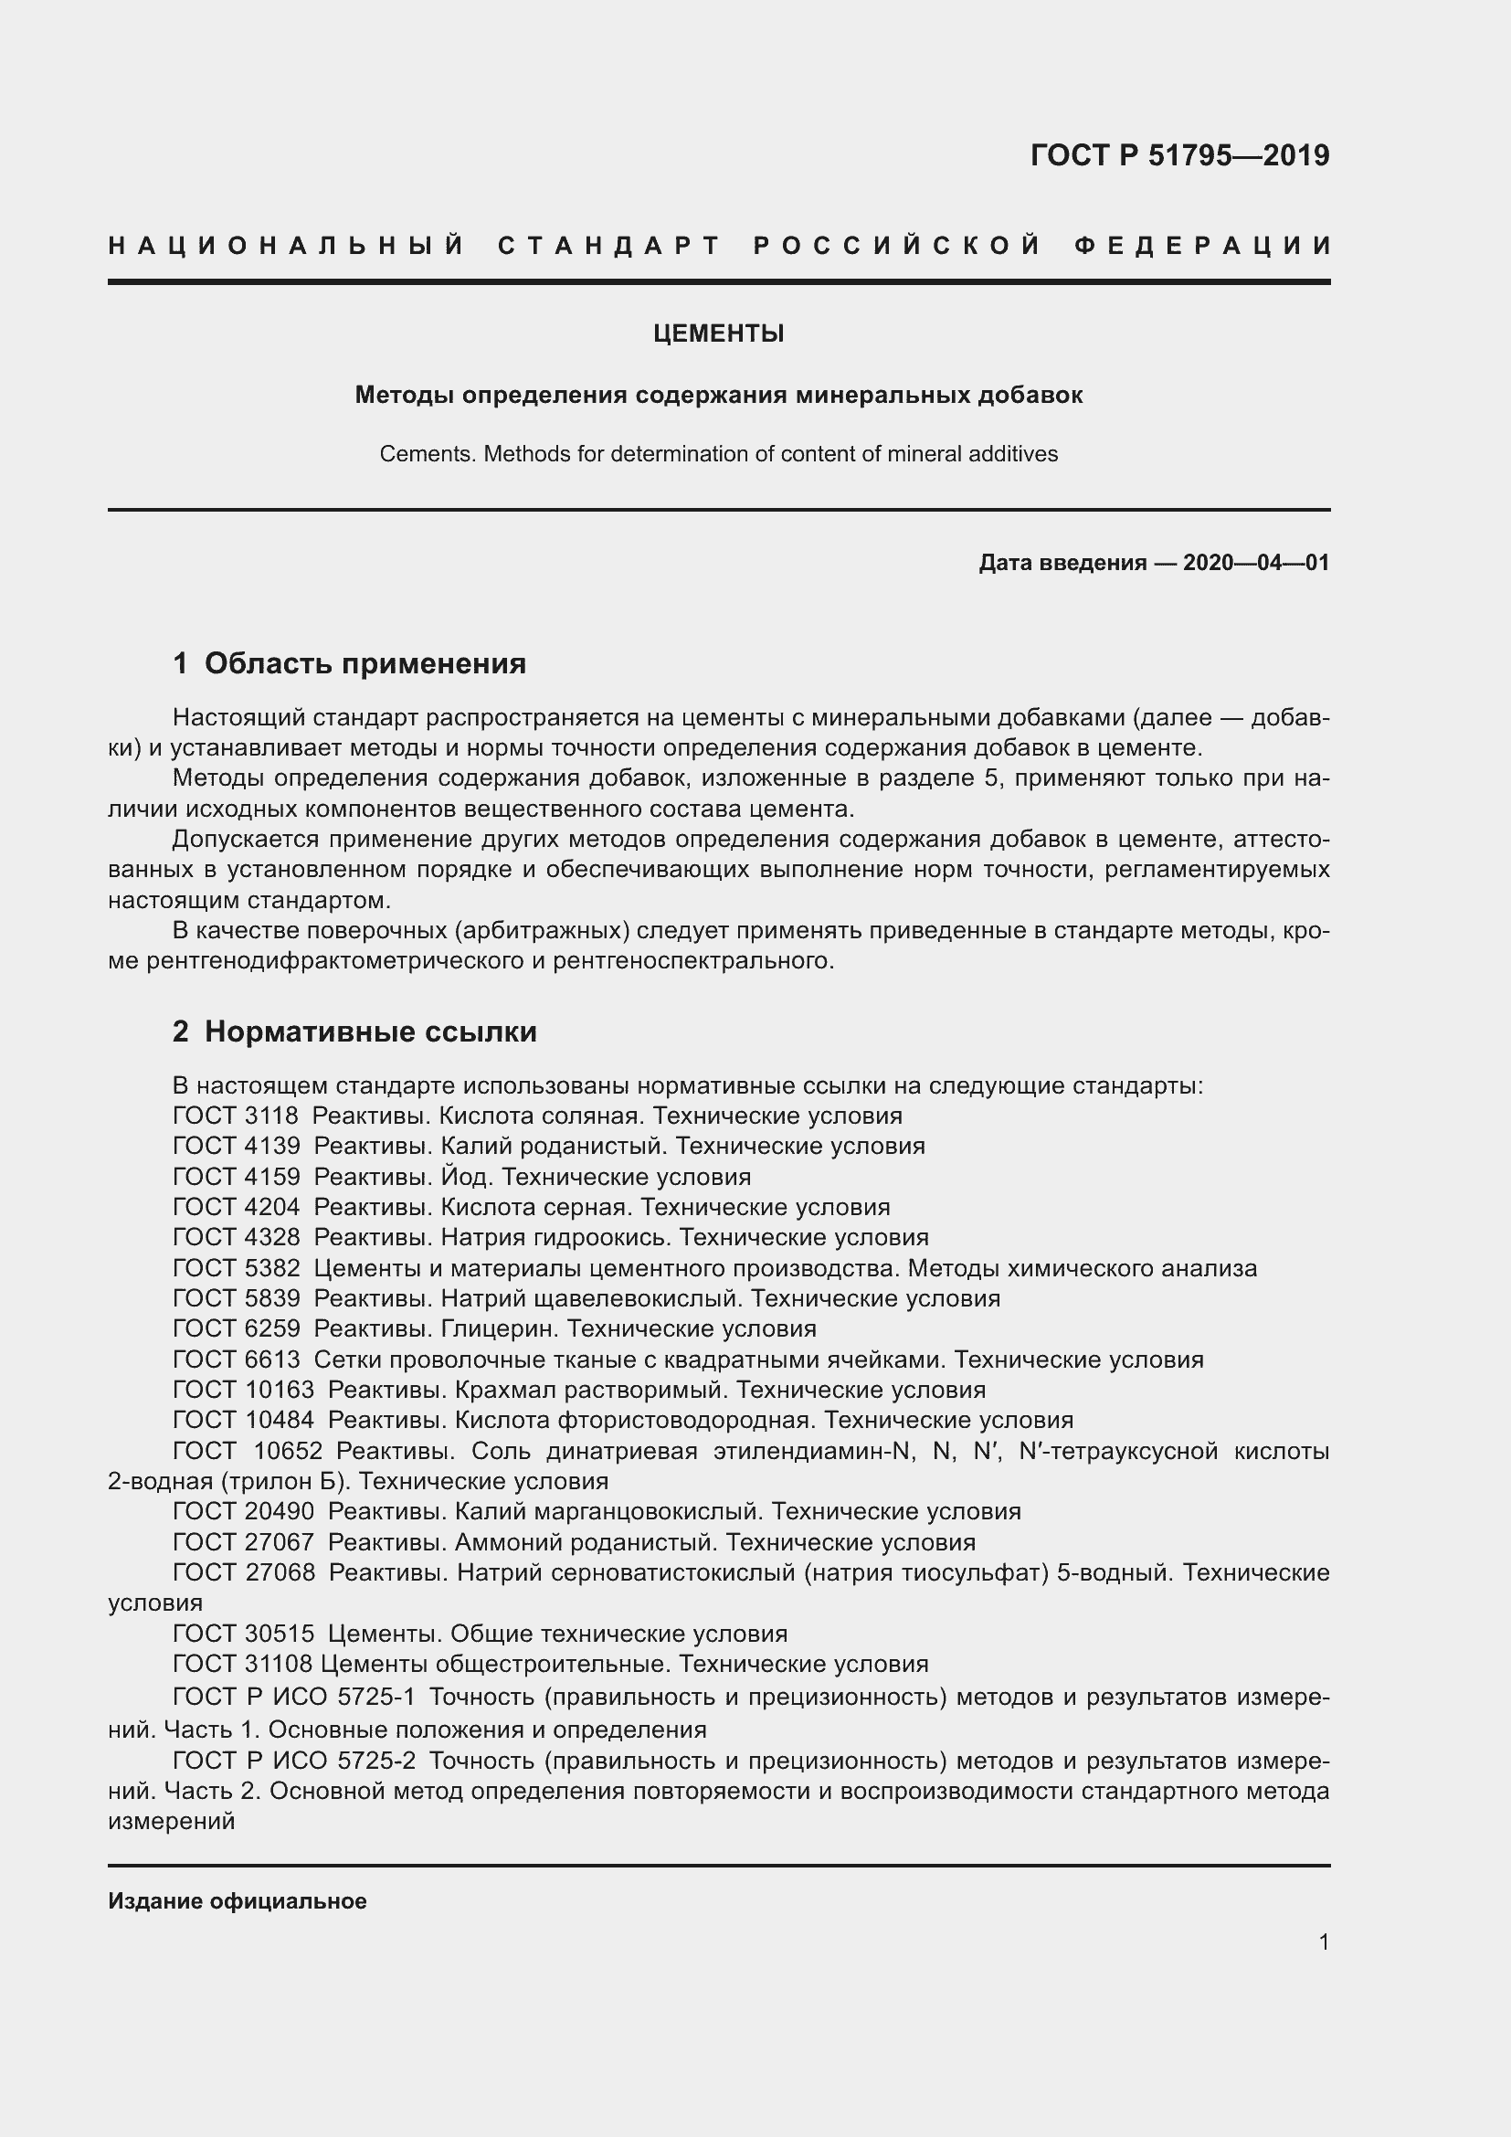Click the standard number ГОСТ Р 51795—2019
tap(1178, 155)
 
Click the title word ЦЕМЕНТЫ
tap(718, 333)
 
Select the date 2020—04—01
tap(1255, 562)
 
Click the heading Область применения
tap(365, 663)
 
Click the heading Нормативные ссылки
tap(370, 1031)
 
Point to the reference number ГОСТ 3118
tap(236, 1116)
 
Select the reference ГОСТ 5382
tap(237, 1268)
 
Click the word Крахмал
tap(500, 1390)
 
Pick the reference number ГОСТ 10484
tap(244, 1421)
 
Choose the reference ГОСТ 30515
tap(244, 1634)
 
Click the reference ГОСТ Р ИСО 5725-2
tap(294, 1760)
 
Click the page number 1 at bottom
tap(1323, 1941)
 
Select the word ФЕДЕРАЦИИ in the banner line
tap(1203, 246)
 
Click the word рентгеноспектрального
tap(692, 960)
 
